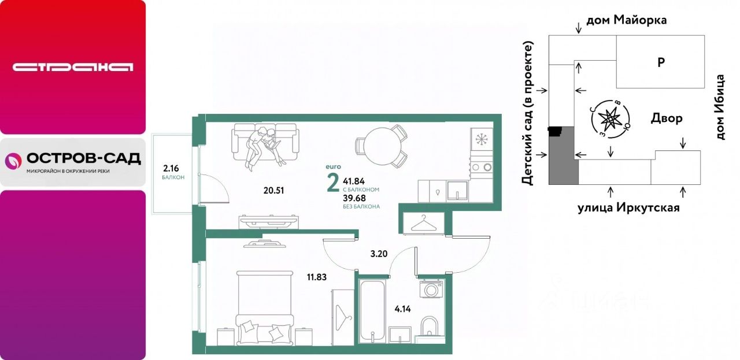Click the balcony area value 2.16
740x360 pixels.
coord(171,168)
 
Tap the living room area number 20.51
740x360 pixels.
coord(273,191)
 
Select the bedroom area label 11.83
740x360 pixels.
coord(316,277)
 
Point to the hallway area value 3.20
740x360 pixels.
coord(379,254)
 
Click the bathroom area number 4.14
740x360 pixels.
coord(403,309)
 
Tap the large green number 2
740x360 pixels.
coord(333,183)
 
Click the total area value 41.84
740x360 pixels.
coord(354,181)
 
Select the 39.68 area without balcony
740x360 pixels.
coord(354,198)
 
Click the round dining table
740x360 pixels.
coord(383,146)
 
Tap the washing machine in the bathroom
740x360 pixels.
coord(431,290)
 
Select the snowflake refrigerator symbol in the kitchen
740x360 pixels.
coord(482,139)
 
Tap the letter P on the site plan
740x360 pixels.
coord(661,62)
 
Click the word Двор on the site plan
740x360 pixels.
coord(667,118)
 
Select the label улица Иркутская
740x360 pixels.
coord(628,208)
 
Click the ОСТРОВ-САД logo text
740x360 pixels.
coord(84,159)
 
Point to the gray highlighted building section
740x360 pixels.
coord(563,155)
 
